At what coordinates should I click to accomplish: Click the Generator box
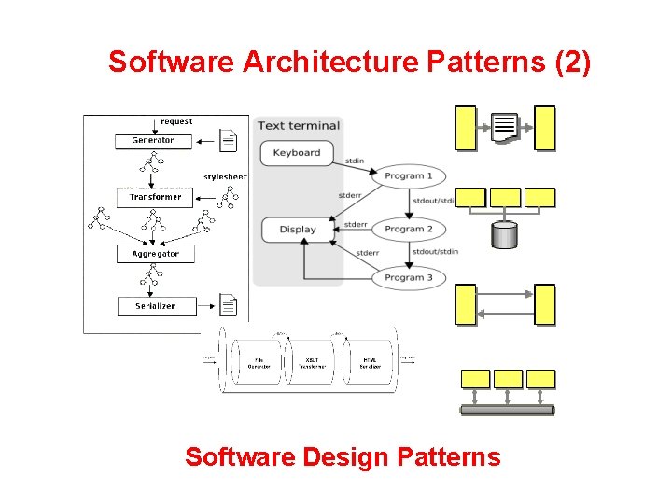(x=152, y=141)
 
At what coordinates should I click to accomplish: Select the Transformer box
(x=155, y=197)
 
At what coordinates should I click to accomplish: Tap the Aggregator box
(x=155, y=254)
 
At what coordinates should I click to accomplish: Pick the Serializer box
(x=154, y=306)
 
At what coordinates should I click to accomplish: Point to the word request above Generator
(x=176, y=121)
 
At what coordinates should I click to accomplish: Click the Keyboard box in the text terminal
(x=297, y=153)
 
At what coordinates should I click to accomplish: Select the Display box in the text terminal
(x=297, y=230)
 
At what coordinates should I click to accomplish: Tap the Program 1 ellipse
(x=409, y=175)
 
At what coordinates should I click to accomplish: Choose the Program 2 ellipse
(x=409, y=229)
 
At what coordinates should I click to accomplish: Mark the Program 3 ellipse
(x=409, y=277)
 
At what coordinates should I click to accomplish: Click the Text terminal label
(x=299, y=126)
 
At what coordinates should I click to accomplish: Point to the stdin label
(x=355, y=161)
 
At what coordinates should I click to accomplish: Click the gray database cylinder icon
(x=504, y=235)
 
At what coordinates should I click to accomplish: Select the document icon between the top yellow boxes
(x=504, y=128)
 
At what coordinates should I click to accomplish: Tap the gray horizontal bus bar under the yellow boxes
(x=507, y=410)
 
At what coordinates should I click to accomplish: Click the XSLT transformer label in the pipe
(x=314, y=363)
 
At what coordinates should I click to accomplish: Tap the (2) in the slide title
(x=572, y=62)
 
